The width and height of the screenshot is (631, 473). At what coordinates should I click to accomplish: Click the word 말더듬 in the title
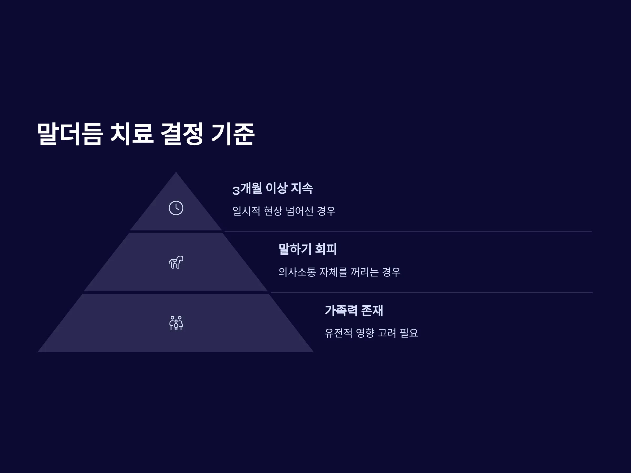(70, 134)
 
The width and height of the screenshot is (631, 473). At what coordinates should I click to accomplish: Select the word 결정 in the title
(182, 134)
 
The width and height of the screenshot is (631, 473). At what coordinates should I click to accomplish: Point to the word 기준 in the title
(232, 134)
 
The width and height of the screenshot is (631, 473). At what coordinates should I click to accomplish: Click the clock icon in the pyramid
(176, 208)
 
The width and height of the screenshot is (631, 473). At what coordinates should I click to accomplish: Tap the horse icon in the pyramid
(176, 262)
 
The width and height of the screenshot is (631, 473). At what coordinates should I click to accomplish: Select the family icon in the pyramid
(176, 323)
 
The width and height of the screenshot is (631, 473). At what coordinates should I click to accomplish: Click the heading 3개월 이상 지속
(272, 188)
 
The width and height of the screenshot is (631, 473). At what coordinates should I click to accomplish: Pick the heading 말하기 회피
(308, 249)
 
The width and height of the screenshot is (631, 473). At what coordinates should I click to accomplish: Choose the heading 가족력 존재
(354, 310)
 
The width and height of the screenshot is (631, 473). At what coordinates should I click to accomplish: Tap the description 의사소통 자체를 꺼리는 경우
(339, 272)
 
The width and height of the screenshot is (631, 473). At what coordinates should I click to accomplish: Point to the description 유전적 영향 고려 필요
(372, 333)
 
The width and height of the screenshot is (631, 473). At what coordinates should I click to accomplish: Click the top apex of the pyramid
(176, 172)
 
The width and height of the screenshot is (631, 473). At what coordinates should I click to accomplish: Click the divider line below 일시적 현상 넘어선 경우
(408, 231)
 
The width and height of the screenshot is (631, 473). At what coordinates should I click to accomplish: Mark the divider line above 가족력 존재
(431, 292)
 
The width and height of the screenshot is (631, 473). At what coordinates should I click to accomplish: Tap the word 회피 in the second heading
(326, 249)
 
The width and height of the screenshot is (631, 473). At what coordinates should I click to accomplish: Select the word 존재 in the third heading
(372, 310)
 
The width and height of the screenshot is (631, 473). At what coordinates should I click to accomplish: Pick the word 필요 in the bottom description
(409, 333)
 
